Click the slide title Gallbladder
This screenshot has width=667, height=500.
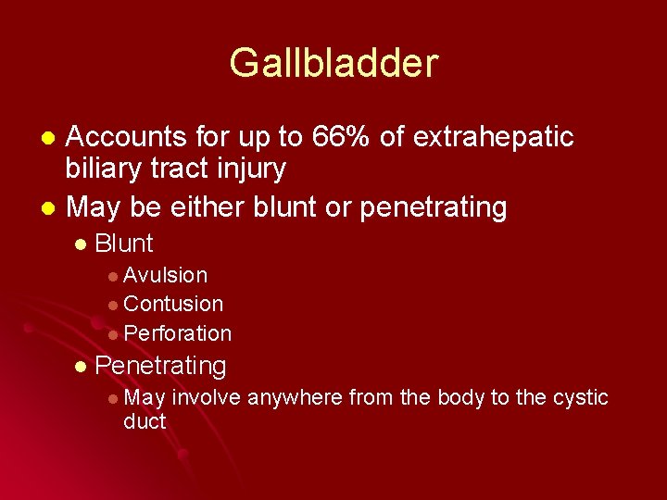pos(333,64)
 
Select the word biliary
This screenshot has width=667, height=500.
pos(104,169)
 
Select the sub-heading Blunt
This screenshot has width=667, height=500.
pos(124,244)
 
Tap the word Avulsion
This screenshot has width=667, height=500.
pos(165,275)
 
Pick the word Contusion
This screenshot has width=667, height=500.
pos(173,304)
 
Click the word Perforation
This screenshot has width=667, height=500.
pos(177,333)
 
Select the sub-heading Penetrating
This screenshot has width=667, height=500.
pos(160,366)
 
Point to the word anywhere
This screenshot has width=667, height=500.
pos(296,398)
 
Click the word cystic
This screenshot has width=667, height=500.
pos(580,398)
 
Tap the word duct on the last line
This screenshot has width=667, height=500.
pos(145,422)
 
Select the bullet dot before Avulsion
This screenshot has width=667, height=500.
pos(112,276)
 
